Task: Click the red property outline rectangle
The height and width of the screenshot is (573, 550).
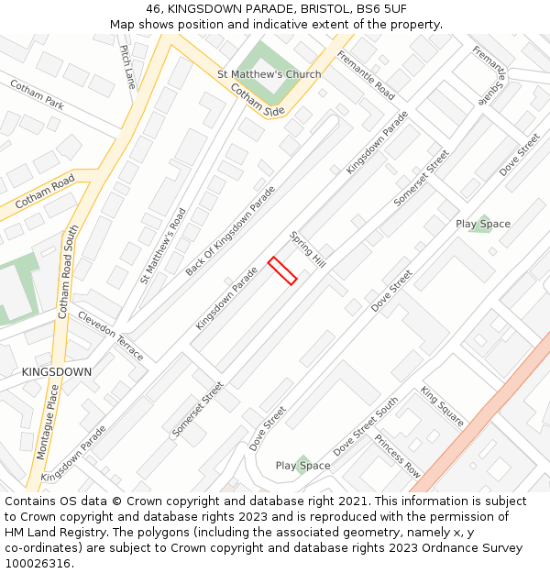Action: tap(282, 270)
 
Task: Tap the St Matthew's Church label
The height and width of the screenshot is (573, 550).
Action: tap(269, 74)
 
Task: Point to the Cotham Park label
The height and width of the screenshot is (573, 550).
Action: tap(37, 94)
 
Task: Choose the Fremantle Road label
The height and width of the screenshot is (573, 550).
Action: tap(365, 75)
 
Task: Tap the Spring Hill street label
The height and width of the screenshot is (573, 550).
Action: tap(308, 248)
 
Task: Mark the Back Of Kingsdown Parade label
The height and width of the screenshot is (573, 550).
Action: tap(230, 230)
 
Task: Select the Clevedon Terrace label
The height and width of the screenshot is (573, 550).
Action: tap(111, 336)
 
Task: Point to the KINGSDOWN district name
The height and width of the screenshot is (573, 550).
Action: tap(57, 372)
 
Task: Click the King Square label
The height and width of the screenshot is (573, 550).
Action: tap(442, 406)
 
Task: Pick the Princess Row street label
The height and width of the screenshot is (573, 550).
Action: tap(397, 457)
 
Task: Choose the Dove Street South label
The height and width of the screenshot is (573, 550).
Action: tap(366, 427)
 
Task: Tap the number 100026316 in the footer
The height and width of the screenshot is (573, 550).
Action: tap(38, 563)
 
